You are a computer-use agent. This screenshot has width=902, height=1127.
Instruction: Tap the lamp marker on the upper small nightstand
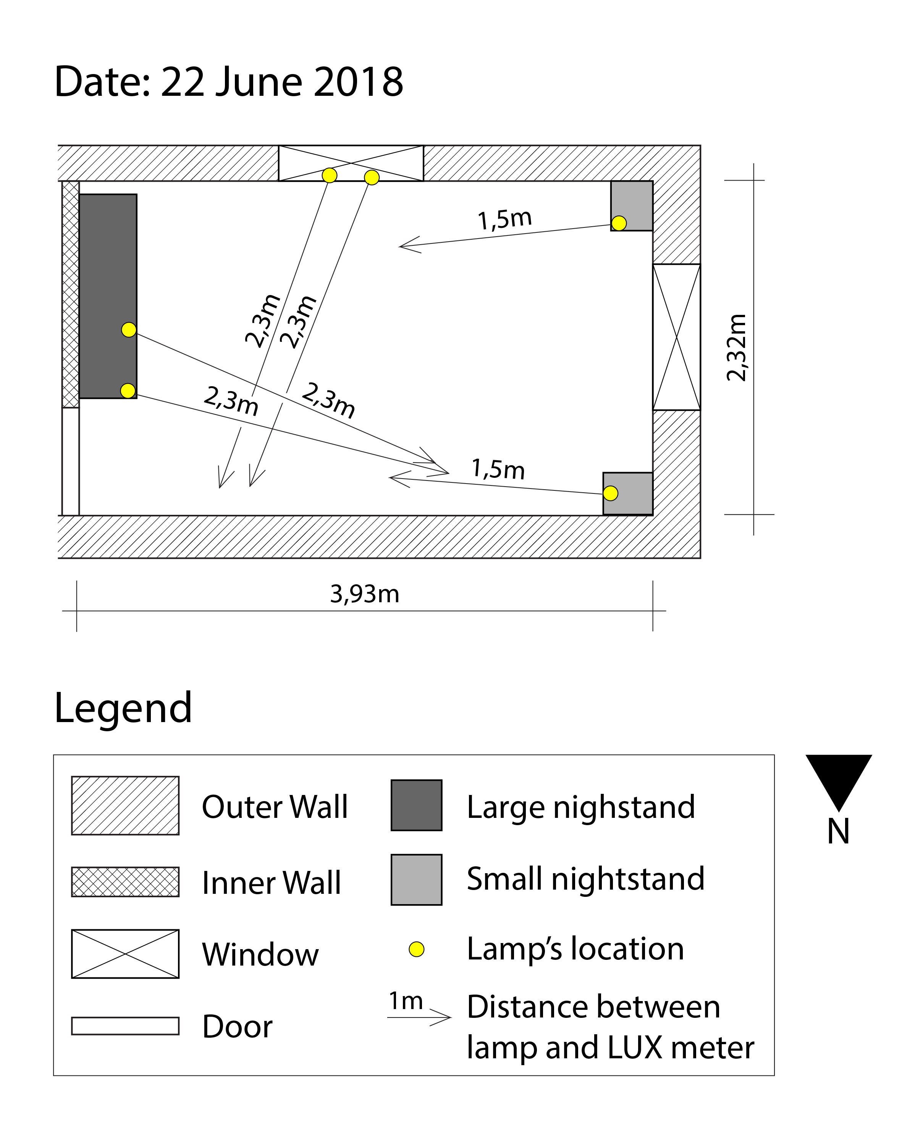point(619,223)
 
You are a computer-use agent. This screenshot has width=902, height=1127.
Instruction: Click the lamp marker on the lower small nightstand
point(610,493)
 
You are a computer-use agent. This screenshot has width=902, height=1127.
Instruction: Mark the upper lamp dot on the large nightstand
point(129,330)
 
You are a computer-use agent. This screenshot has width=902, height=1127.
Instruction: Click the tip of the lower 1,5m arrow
point(390,477)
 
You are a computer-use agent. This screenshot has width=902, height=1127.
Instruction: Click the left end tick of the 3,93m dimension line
point(77,611)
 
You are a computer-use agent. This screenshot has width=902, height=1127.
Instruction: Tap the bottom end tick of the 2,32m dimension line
point(753,514)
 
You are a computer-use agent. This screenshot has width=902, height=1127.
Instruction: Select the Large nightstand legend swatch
point(416,805)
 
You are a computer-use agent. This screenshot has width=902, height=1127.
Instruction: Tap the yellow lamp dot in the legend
point(416,949)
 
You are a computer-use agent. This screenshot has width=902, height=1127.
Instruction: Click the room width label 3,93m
point(364,594)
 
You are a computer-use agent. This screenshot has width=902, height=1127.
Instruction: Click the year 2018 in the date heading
point(358,82)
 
